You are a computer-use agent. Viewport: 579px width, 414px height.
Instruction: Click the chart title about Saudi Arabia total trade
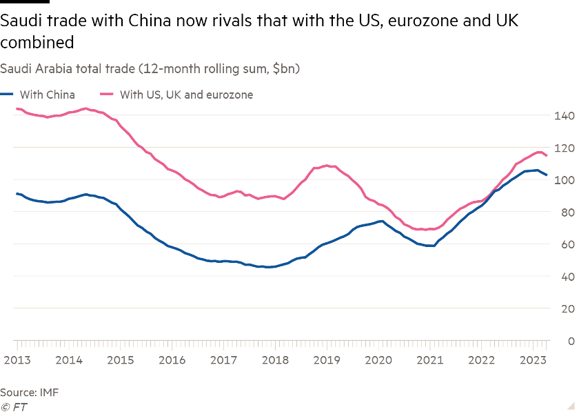[x=149, y=69]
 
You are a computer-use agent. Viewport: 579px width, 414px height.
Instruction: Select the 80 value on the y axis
[x=566, y=213]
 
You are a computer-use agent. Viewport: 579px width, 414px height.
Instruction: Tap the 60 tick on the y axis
[x=566, y=244]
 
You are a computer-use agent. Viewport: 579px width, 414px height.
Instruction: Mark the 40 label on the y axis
[x=566, y=277]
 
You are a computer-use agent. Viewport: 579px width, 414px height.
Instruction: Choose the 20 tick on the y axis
[x=566, y=308]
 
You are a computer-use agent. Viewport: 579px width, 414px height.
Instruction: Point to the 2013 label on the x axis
[x=17, y=360]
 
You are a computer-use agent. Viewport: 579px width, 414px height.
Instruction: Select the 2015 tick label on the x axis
[x=120, y=360]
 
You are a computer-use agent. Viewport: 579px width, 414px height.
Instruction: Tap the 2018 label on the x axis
[x=275, y=360]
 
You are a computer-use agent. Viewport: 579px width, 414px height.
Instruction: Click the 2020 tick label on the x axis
[x=378, y=360]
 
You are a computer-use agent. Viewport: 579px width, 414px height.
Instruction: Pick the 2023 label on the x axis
[x=533, y=360]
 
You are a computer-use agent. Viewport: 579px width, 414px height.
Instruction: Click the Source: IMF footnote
[x=29, y=393]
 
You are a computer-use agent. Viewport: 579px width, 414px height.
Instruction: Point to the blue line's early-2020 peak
[x=380, y=221]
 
